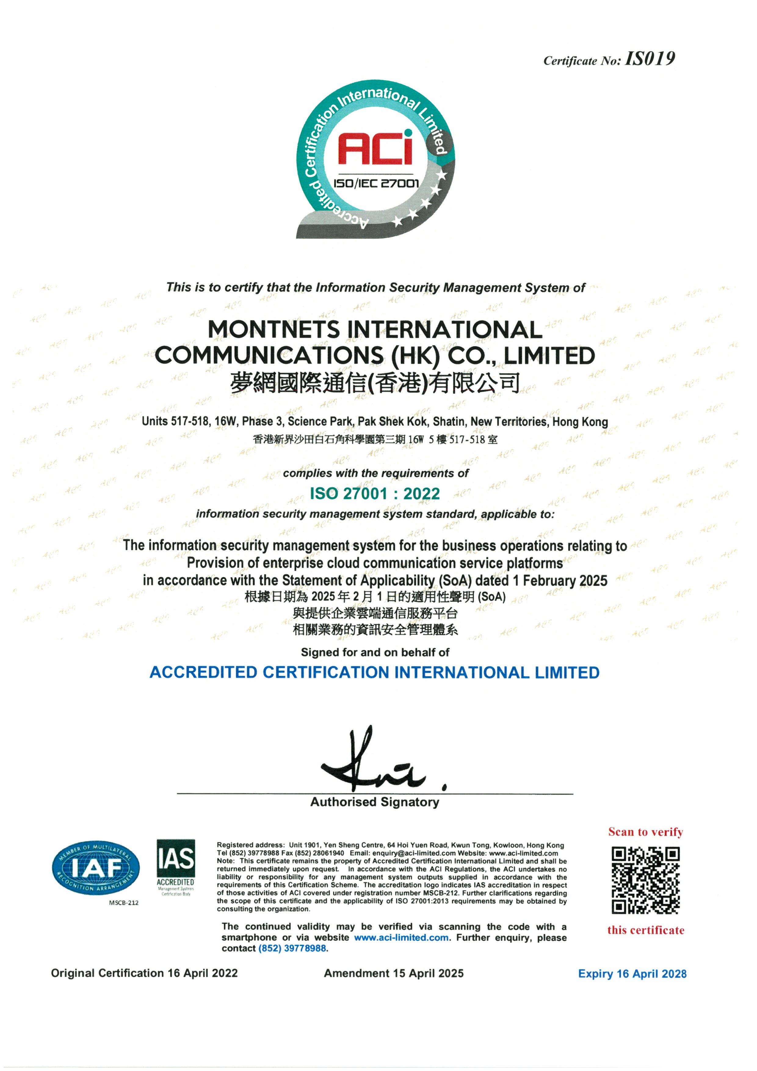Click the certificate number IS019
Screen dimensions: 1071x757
pyautogui.click(x=650, y=59)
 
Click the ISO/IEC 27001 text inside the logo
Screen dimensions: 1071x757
pyautogui.click(x=376, y=183)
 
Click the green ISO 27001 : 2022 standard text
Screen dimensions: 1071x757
pyautogui.click(x=375, y=494)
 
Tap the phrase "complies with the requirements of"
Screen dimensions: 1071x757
pyautogui.click(x=376, y=473)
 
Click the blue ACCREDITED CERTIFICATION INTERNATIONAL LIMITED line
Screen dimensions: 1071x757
pyautogui.click(x=374, y=673)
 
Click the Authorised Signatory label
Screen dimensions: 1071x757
pyautogui.click(x=375, y=802)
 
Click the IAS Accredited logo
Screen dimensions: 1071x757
pyautogui.click(x=176, y=867)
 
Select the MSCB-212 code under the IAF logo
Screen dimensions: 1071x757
pyautogui.click(x=124, y=903)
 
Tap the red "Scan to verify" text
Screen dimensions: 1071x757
pyautogui.click(x=646, y=832)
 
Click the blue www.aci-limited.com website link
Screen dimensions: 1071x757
pyautogui.click(x=401, y=938)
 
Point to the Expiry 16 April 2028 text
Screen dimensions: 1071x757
pyautogui.click(x=632, y=974)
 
